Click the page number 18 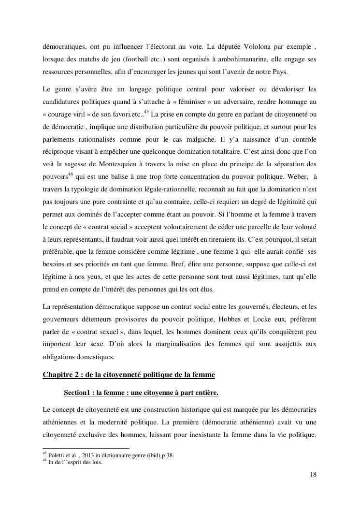coord(313,474)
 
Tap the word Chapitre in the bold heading coord(58,375)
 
